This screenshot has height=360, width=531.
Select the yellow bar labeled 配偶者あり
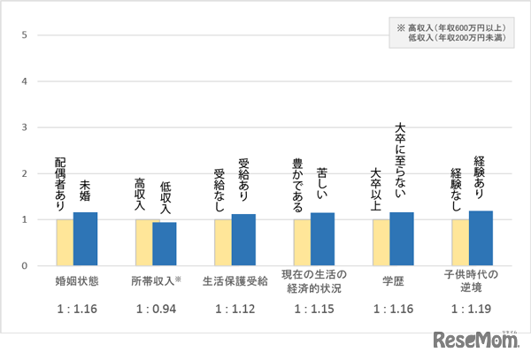pyautogui.click(x=65, y=242)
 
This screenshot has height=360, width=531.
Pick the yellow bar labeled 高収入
pyautogui.click(x=143, y=242)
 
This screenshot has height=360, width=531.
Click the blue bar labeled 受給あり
pyautogui.click(x=243, y=240)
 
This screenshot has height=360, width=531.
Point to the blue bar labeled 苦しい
pyautogui.click(x=322, y=239)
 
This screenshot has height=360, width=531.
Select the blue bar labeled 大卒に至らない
pyautogui.click(x=402, y=239)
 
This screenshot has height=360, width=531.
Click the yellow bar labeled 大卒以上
pyautogui.click(x=381, y=242)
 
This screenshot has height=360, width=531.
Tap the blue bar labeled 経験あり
pyautogui.click(x=481, y=238)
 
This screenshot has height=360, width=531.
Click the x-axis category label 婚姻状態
pyautogui.click(x=76, y=280)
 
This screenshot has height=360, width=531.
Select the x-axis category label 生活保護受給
pyautogui.click(x=234, y=280)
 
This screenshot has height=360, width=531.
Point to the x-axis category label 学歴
pyautogui.click(x=391, y=280)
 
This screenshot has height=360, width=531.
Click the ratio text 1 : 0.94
pyautogui.click(x=155, y=310)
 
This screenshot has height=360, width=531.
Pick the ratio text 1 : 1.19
pyautogui.click(x=470, y=310)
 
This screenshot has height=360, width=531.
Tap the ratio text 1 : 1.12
pyautogui.click(x=234, y=310)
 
